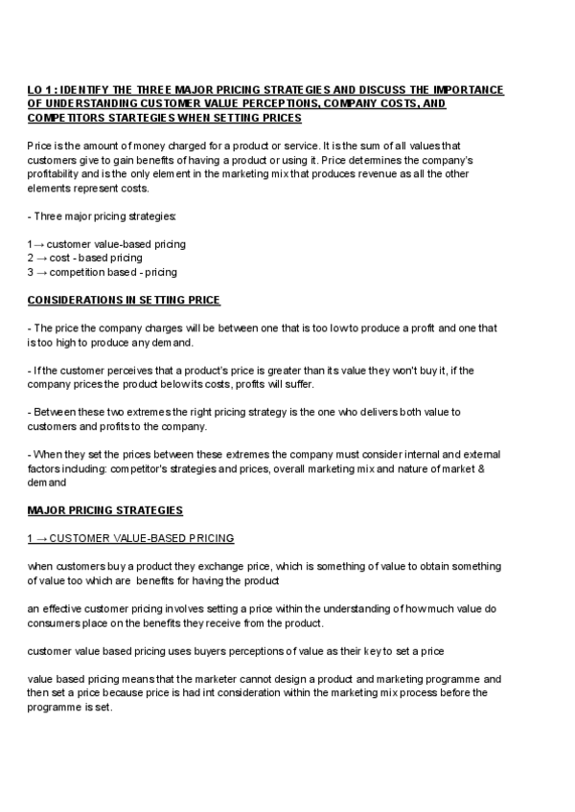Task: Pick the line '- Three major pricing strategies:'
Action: (95, 216)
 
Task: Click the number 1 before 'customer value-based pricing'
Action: (30, 244)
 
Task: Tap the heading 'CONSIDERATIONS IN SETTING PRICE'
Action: (124, 301)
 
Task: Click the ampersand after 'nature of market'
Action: (480, 468)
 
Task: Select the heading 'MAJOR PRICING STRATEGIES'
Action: (104, 510)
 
